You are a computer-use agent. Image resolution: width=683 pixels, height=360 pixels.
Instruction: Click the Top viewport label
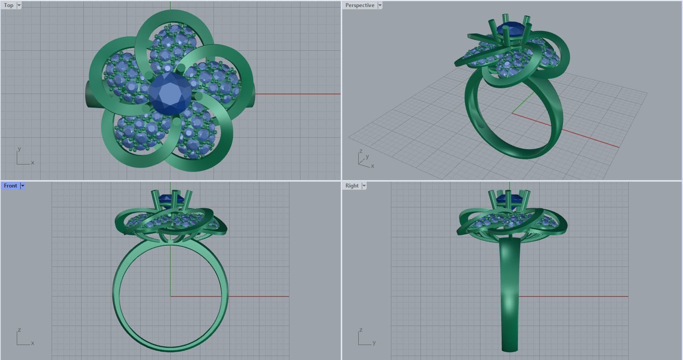(x=8, y=5)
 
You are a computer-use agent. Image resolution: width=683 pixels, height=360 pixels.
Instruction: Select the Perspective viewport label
(x=360, y=5)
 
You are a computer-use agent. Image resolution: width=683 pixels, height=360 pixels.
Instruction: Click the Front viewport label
(x=10, y=186)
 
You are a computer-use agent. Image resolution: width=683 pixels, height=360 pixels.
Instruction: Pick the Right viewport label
(x=352, y=186)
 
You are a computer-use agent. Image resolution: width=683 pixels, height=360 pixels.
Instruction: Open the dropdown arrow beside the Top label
(x=19, y=5)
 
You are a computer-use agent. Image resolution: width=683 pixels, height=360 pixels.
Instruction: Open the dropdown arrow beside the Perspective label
(x=380, y=5)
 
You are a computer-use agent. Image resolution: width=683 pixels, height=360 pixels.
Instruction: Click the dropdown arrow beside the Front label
(x=23, y=186)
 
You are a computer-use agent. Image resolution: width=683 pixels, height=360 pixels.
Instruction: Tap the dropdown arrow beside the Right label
(x=364, y=186)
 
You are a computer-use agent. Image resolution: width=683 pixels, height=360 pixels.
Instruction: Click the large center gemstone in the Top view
(x=170, y=94)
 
